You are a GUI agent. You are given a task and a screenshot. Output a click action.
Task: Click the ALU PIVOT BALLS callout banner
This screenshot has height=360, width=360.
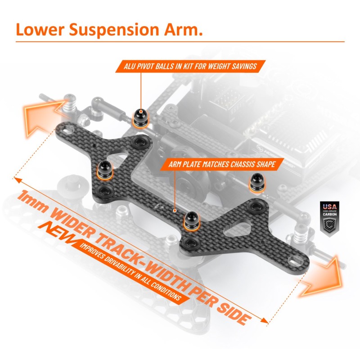189,67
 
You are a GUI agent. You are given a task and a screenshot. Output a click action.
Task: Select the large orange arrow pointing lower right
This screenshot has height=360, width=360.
320,276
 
